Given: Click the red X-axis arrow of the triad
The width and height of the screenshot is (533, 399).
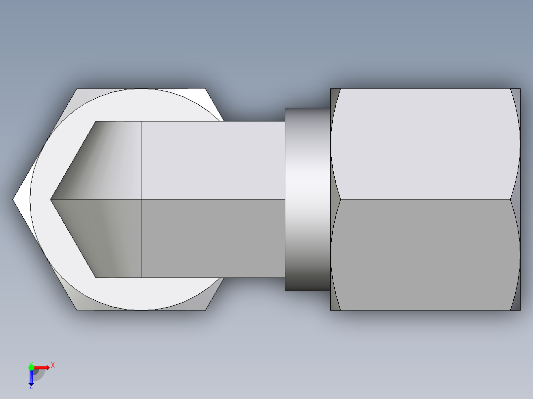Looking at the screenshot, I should pyautogui.click(x=43, y=367).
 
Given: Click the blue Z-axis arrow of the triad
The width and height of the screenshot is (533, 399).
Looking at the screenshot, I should pyautogui.click(x=31, y=377).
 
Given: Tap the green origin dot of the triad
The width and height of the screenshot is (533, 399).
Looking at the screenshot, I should pyautogui.click(x=31, y=366).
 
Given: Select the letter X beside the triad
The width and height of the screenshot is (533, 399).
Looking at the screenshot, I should pyautogui.click(x=53, y=365).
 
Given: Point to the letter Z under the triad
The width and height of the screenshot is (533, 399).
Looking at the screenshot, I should pyautogui.click(x=31, y=388).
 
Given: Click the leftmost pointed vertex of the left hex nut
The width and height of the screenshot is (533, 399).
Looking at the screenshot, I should pyautogui.click(x=14, y=199).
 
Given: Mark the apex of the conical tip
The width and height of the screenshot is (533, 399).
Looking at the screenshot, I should pyautogui.click(x=51, y=199).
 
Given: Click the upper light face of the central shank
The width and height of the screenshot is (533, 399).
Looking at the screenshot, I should pyautogui.click(x=213, y=160).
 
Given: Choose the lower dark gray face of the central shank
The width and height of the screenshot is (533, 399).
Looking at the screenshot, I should pyautogui.click(x=213, y=238).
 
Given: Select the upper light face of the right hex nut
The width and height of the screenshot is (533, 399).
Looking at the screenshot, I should pyautogui.click(x=425, y=143).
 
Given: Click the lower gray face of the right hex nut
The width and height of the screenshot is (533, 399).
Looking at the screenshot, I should pyautogui.click(x=425, y=254).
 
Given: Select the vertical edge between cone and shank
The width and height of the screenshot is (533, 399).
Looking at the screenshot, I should pyautogui.click(x=141, y=199).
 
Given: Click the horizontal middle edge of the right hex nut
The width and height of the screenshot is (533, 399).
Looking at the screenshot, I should pyautogui.click(x=425, y=199).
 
